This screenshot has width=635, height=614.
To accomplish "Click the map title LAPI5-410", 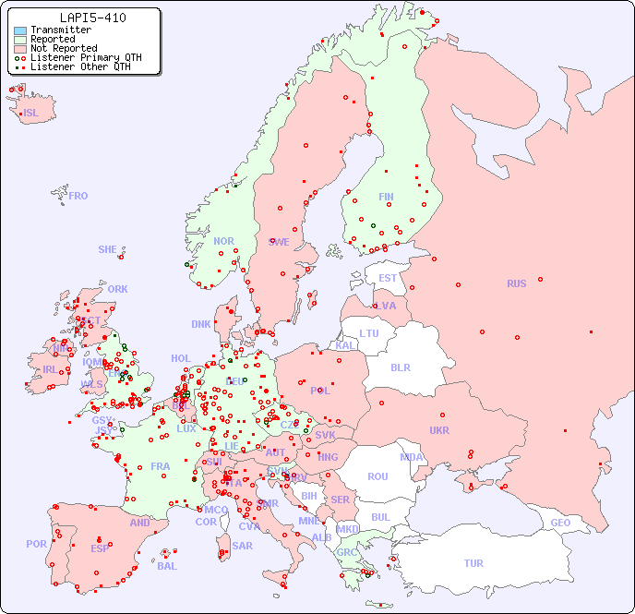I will (92, 18).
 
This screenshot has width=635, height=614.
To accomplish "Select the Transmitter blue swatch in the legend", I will (20, 30).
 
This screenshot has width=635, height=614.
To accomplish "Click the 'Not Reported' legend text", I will (64, 49).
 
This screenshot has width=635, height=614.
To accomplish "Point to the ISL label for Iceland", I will (31, 114).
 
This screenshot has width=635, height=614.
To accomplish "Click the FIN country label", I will (386, 197).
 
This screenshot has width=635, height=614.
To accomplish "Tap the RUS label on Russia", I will (516, 283).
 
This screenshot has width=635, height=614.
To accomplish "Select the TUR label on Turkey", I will (473, 563).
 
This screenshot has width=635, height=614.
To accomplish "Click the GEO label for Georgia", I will (560, 523).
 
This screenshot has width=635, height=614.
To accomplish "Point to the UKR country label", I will (439, 430).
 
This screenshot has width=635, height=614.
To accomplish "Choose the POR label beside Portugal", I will (36, 544).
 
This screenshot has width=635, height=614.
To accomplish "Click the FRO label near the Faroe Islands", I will (78, 196).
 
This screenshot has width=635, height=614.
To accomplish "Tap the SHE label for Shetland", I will (108, 249).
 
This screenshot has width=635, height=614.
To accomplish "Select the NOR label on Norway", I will (223, 241).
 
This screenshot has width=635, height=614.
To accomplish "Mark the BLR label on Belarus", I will (401, 367).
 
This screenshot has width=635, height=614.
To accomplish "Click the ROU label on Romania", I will (377, 476).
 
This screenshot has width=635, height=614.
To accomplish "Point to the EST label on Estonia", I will (388, 278).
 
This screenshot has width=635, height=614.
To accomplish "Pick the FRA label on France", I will (161, 466).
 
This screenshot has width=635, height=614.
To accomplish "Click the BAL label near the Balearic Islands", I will (166, 566).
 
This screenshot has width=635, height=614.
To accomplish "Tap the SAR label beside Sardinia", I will (242, 545).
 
